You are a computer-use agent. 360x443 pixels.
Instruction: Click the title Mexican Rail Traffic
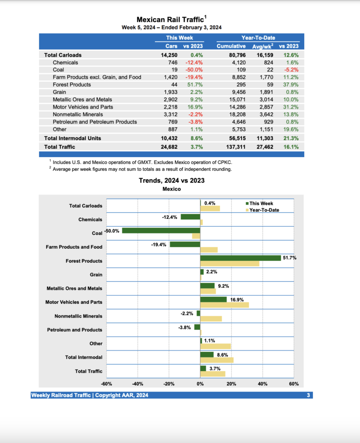pyautogui.click(x=170, y=19)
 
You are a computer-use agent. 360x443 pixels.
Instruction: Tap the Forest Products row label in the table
pyautogui.click(x=72, y=85)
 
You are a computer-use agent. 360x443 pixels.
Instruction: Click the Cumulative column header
pyautogui.click(x=231, y=46)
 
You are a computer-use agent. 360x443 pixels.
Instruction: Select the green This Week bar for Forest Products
pyautogui.click(x=240, y=258)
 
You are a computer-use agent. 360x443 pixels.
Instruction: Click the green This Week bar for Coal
pyautogui.click(x=161, y=231)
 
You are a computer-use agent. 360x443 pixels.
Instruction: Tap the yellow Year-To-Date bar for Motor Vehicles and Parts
pyautogui.click(x=224, y=305)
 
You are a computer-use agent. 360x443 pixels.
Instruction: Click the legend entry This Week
pyautogui.click(x=261, y=203)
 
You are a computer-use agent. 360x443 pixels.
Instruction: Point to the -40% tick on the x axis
pyautogui.click(x=138, y=384)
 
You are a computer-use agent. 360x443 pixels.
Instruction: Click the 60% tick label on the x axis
pyautogui.click(x=294, y=384)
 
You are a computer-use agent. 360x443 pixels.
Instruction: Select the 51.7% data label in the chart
pyautogui.click(x=289, y=258)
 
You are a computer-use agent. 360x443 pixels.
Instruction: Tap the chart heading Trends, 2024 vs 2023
pyautogui.click(x=171, y=180)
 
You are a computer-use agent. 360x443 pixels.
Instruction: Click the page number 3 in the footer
pyautogui.click(x=308, y=395)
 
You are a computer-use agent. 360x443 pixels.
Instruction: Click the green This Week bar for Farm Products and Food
pyautogui.click(x=185, y=244)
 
